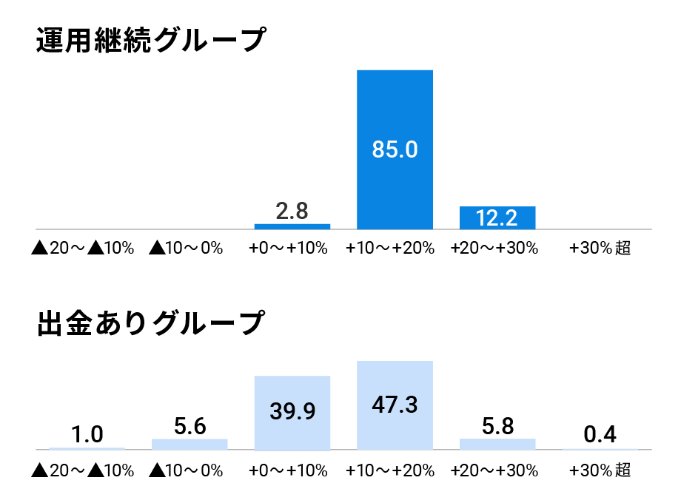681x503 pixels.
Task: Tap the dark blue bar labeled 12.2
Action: [497, 217]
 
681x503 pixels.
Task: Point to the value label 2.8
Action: [292, 211]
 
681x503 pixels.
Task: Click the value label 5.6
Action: [189, 426]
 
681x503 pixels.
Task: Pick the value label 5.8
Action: [497, 426]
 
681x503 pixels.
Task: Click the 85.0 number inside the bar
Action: [395, 149]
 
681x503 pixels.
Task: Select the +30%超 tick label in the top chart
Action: [600, 249]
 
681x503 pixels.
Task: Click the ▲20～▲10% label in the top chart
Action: [83, 249]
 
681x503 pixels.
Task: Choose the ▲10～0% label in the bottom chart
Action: [186, 470]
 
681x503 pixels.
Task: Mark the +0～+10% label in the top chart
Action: [289, 249]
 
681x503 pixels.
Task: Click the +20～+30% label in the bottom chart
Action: [494, 470]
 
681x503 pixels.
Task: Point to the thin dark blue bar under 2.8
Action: [292, 226]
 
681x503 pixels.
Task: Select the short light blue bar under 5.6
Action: [189, 444]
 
